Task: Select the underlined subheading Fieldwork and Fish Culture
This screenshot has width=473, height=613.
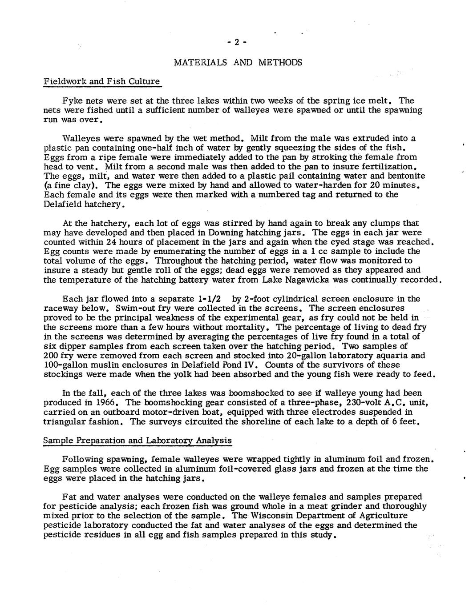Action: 102,81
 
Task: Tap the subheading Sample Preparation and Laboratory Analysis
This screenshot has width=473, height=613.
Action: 137,441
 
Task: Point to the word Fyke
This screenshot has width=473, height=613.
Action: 73,100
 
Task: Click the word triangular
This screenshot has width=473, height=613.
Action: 64,421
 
